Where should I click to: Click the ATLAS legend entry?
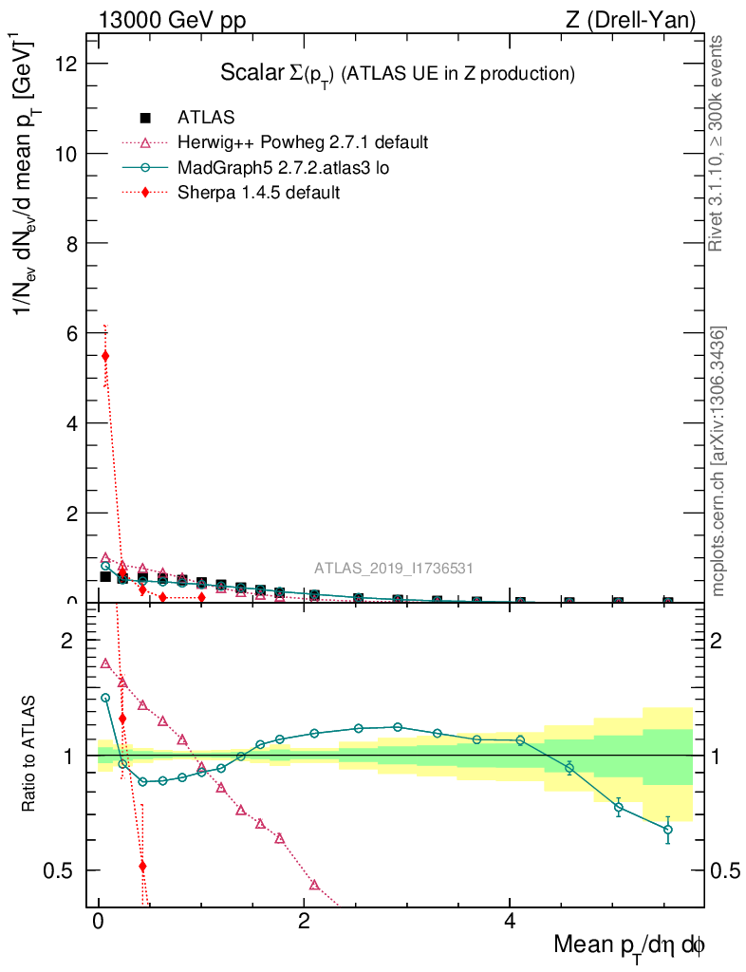point(206,118)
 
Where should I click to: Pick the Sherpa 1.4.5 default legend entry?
point(258,192)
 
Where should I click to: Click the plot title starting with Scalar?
point(398,73)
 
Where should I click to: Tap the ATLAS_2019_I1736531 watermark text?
point(394,569)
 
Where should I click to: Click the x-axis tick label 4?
point(509,922)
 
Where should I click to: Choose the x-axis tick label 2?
point(304,922)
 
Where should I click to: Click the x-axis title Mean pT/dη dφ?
point(628,945)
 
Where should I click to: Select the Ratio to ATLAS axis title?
point(30,756)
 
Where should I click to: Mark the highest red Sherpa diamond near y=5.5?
point(105,356)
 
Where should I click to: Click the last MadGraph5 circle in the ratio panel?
point(668,830)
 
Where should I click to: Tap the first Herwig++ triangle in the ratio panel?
point(105,664)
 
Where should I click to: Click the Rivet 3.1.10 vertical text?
point(718,142)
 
